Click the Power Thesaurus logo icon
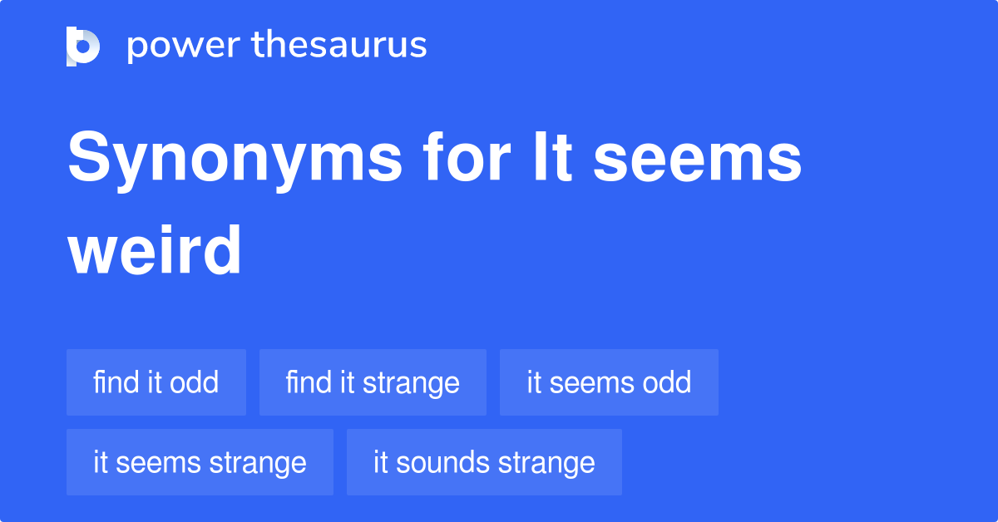(x=83, y=46)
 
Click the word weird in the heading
(x=155, y=251)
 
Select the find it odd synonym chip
(x=156, y=382)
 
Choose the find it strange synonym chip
(x=373, y=382)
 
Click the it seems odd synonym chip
(x=609, y=382)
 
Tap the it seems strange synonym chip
(x=200, y=462)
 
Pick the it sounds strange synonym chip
(x=484, y=462)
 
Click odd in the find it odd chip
(x=194, y=382)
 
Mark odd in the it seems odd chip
(x=666, y=382)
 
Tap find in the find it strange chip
(x=309, y=382)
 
